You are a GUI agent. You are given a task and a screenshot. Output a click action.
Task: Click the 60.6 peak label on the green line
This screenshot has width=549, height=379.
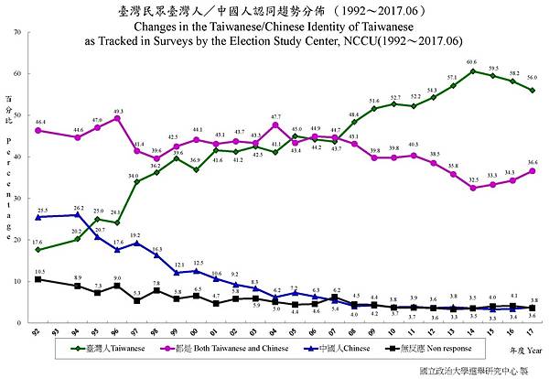point(471,62)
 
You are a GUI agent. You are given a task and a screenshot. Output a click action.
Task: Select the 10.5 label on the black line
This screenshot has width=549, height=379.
point(39,272)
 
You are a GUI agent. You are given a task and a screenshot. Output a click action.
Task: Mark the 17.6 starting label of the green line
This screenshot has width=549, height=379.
point(38,243)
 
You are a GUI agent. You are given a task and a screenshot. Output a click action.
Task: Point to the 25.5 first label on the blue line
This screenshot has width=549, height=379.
point(41,211)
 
